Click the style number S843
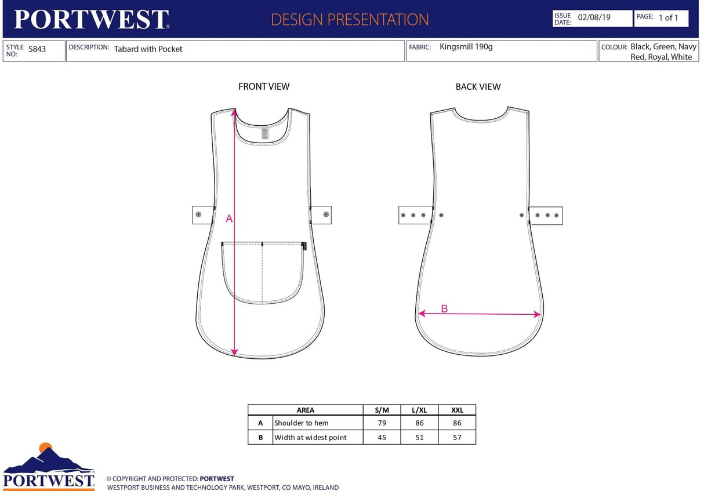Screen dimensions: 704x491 [x=37, y=49]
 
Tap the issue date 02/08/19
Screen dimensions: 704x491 [x=594, y=17]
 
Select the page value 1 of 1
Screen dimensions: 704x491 [x=668, y=18]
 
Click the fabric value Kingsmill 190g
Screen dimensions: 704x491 [x=466, y=47]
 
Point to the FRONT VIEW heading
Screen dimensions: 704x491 [x=264, y=87]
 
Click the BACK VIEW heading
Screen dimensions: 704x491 [x=478, y=87]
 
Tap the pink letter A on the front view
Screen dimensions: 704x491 [x=229, y=219]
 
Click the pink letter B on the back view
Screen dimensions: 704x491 [x=444, y=308]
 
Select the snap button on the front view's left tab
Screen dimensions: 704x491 [x=198, y=214]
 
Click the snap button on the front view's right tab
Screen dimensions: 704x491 [x=326, y=214]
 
